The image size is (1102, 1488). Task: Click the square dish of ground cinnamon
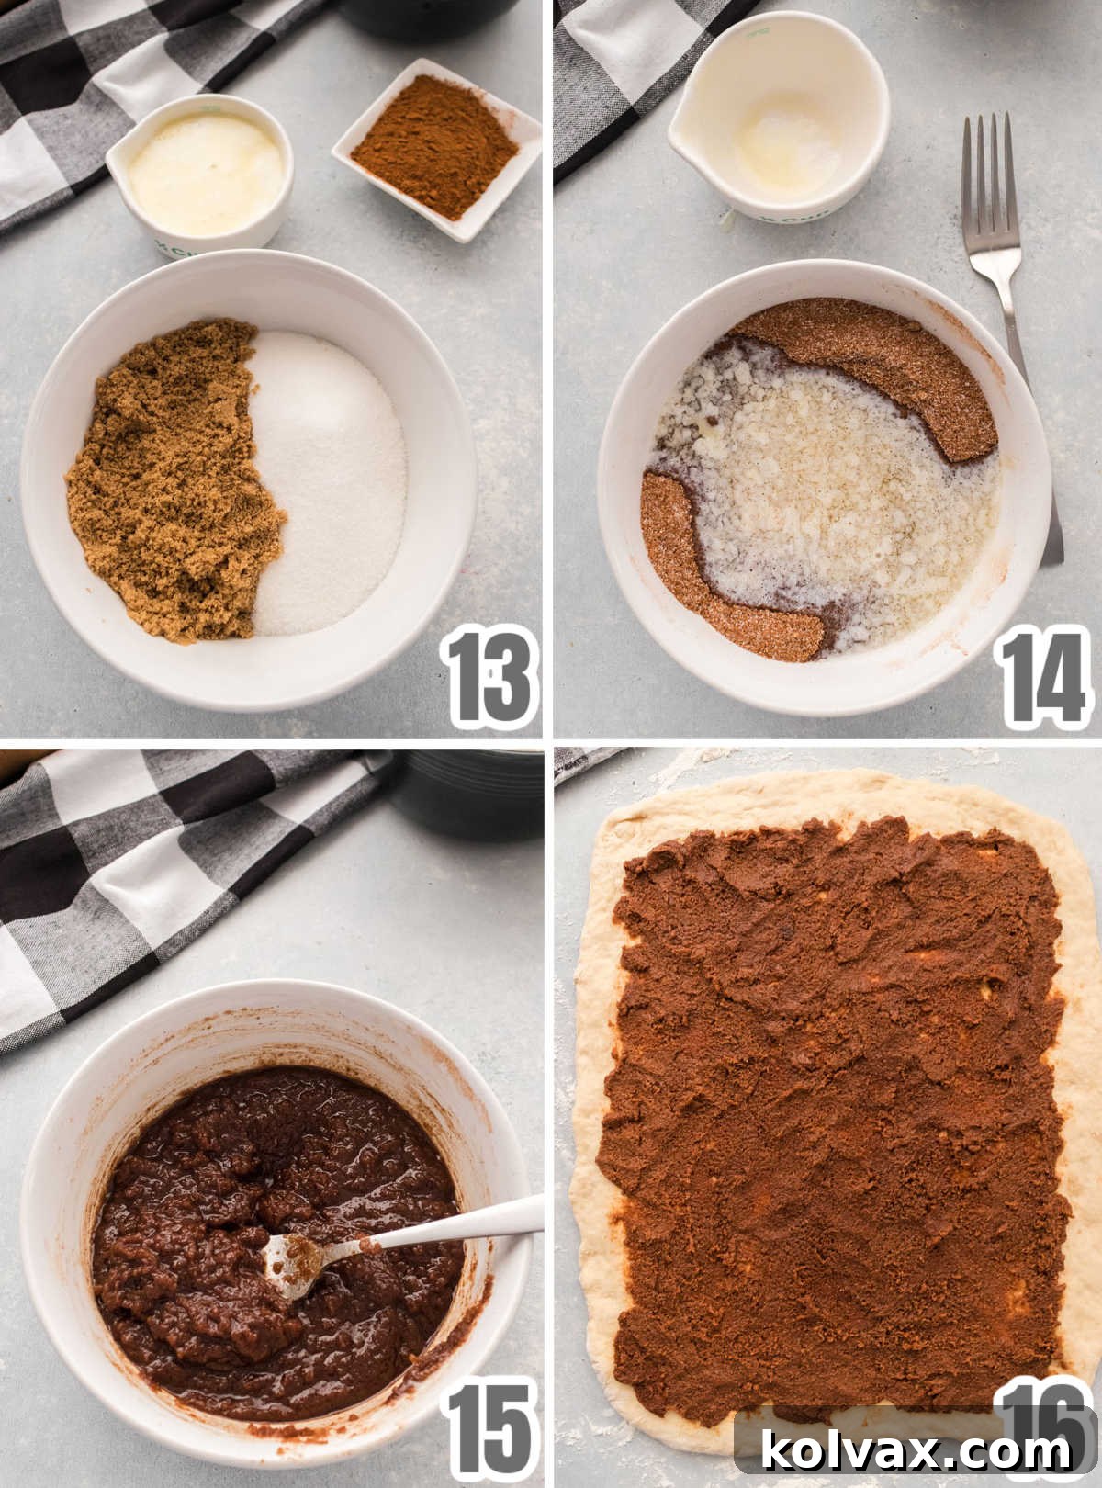(436, 147)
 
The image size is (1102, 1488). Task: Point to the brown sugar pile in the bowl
(170, 482)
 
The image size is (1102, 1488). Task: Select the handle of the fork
(1033, 413)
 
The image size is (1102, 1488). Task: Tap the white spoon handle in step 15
(459, 1226)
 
